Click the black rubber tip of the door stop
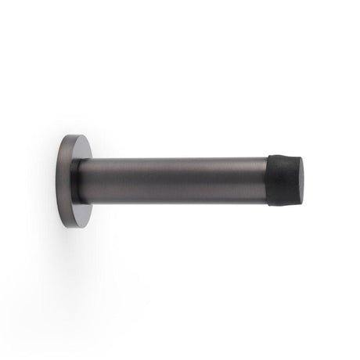(284, 181)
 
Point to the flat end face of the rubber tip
(300, 179)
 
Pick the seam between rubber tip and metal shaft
(268, 181)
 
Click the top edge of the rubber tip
(283, 157)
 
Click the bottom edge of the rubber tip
(283, 205)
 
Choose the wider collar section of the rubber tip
(275, 181)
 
